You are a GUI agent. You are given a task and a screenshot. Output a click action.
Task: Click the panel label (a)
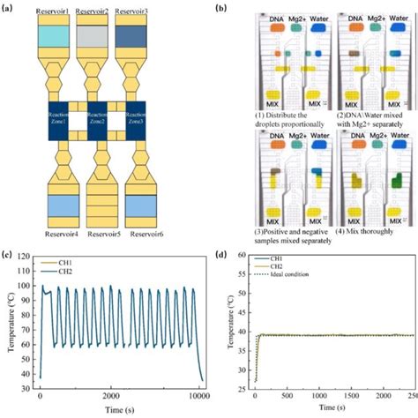(11, 6)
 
